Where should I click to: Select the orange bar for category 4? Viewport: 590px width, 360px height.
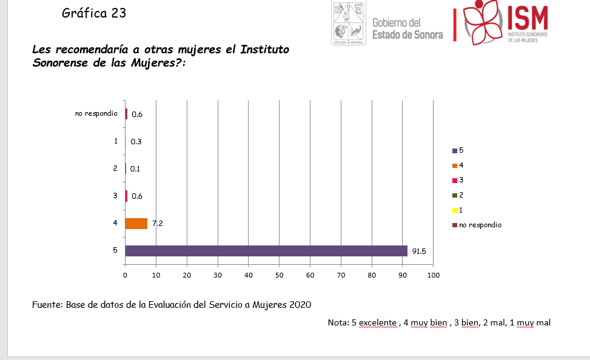136,224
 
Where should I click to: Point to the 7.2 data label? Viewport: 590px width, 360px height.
158,224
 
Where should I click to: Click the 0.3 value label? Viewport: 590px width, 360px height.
136,142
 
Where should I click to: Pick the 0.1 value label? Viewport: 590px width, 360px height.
135,169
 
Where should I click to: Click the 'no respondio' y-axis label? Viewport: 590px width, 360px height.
96,113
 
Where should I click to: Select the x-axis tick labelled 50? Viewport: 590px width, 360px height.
280,275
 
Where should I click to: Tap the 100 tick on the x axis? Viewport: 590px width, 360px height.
434,275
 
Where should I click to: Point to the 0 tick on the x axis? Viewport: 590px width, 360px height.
125,275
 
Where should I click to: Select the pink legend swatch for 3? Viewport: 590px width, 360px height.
454,180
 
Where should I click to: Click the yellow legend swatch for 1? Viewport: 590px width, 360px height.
454,210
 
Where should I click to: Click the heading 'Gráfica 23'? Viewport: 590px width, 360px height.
94,13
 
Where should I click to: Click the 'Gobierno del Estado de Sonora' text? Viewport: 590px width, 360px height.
407,28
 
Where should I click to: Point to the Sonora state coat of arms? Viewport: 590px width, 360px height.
348,23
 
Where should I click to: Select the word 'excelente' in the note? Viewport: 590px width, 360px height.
378,322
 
